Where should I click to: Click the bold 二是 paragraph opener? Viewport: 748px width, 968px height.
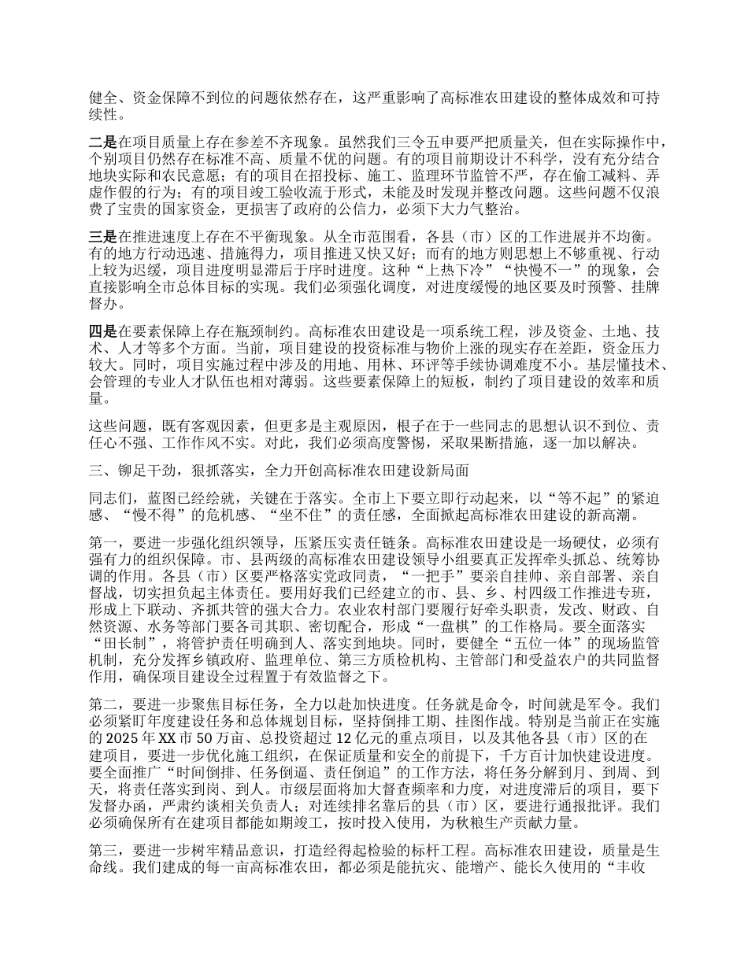coord(104,143)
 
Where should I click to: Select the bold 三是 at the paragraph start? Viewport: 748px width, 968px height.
coord(104,237)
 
